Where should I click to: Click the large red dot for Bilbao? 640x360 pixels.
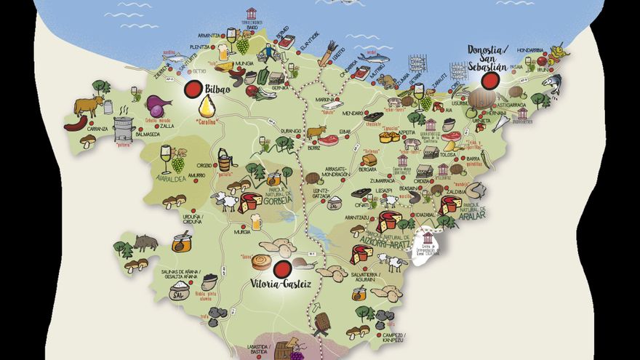(x=193, y=89)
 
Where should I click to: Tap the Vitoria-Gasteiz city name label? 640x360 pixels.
(x=281, y=284)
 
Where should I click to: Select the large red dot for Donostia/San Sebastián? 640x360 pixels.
(x=491, y=79)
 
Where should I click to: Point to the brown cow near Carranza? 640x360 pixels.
(x=89, y=106)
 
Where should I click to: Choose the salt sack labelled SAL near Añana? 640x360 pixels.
(x=177, y=292)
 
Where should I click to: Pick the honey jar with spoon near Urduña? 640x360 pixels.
(x=182, y=241)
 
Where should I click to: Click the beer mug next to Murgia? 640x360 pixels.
(x=256, y=221)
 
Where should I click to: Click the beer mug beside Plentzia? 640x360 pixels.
(x=223, y=52)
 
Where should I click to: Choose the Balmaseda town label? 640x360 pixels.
(x=148, y=134)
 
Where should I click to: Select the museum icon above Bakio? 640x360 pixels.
(x=252, y=14)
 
